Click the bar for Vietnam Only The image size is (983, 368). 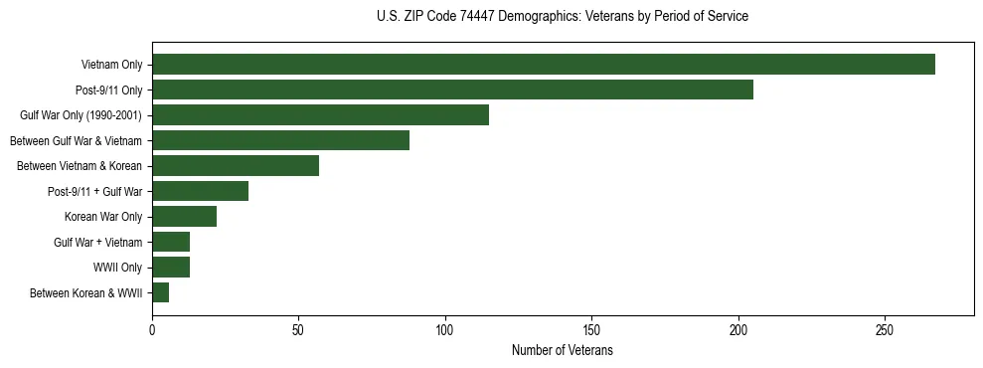544,65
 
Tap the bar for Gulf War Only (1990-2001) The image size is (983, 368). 320,115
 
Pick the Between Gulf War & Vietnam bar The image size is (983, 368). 280,140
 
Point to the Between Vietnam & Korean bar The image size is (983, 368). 236,166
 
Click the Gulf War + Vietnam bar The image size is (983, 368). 171,242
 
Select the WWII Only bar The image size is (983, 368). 171,268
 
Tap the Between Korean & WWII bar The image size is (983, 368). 160,292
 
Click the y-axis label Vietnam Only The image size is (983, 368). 111,65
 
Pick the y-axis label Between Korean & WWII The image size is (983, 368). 86,293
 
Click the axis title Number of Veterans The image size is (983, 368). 562,351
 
